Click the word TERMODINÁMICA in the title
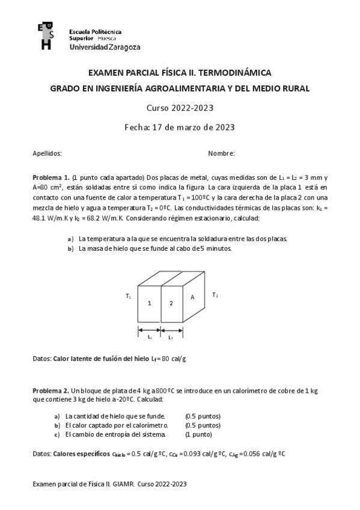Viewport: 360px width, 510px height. pyautogui.click(x=237, y=73)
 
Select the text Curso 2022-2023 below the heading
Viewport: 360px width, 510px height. pyautogui.click(x=180, y=108)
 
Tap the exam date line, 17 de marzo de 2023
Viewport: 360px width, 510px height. pyautogui.click(x=179, y=127)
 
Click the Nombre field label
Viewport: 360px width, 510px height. pyautogui.click(x=221, y=153)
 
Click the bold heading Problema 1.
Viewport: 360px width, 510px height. pyautogui.click(x=51, y=179)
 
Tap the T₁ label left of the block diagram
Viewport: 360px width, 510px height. pyautogui.click(x=128, y=296)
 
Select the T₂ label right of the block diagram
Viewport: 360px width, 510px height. pyautogui.click(x=215, y=295)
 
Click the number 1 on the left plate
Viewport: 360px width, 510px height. pyautogui.click(x=149, y=303)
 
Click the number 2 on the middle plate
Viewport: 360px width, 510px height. pyautogui.click(x=171, y=303)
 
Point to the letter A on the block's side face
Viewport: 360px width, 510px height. pyautogui.click(x=192, y=297)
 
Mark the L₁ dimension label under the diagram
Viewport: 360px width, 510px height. pyautogui.click(x=149, y=337)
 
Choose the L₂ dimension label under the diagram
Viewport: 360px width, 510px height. pyautogui.click(x=171, y=337)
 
